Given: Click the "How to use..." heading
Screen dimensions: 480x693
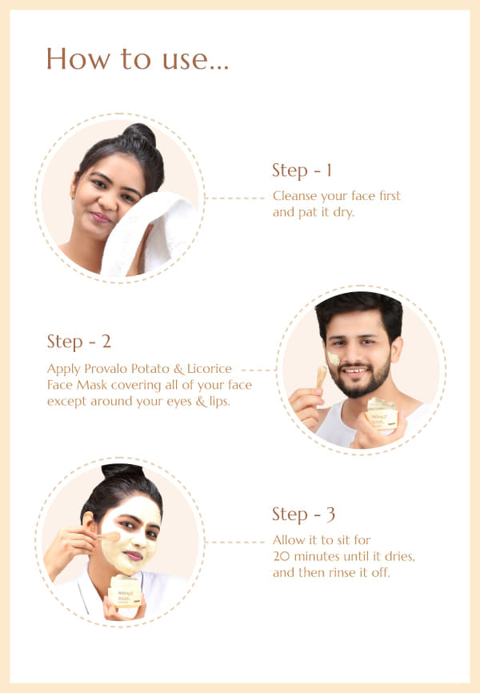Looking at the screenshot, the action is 138,58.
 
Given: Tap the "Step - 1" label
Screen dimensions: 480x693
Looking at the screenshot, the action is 302,170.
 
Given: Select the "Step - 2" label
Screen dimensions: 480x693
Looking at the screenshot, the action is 78,342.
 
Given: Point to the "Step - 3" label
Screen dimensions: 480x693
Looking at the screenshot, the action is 304,515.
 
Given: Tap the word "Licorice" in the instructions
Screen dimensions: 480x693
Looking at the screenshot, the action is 209,369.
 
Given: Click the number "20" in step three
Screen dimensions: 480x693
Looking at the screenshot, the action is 281,556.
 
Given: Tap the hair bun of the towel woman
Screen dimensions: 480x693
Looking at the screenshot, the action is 140,134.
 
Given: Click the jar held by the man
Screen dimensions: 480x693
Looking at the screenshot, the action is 382,414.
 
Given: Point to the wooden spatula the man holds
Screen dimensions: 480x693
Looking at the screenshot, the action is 321,377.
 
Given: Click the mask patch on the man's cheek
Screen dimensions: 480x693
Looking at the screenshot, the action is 334,358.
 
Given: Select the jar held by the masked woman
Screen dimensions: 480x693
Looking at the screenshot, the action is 125,591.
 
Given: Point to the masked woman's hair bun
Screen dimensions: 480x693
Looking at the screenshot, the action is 121,471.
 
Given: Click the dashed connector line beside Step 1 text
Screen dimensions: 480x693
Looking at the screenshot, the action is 235,198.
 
